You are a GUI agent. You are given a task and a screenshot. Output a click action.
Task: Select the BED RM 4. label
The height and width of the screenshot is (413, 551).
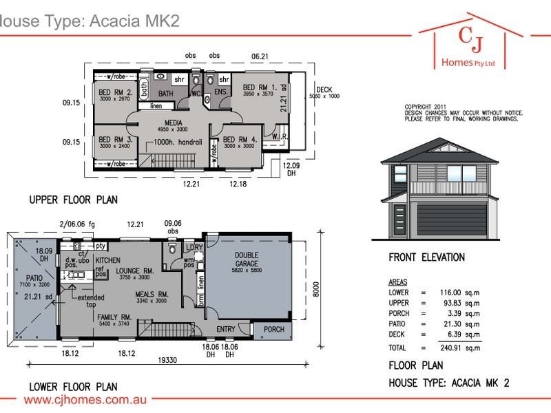(240, 138)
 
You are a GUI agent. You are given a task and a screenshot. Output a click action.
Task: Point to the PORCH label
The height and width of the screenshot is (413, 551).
(274, 330)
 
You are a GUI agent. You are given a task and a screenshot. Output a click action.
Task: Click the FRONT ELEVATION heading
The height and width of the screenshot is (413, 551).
(426, 258)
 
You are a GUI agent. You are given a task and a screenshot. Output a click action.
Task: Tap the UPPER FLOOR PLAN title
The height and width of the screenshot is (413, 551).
(73, 200)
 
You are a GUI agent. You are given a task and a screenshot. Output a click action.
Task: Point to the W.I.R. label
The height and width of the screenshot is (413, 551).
(280, 137)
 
